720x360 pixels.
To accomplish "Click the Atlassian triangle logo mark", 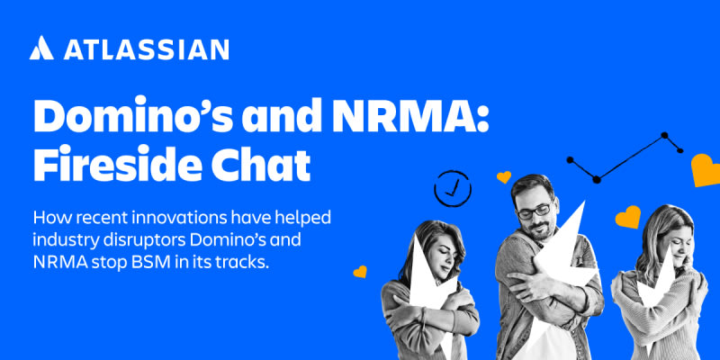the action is [x=41, y=48].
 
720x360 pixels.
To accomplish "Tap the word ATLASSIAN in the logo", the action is [x=146, y=49].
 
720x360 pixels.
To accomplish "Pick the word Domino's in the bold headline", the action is [x=134, y=116].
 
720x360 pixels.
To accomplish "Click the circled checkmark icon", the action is [x=453, y=188].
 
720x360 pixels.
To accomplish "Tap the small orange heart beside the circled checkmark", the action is [x=504, y=176].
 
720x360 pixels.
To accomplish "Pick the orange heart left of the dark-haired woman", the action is [x=360, y=272].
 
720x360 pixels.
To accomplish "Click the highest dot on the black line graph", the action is [x=664, y=136].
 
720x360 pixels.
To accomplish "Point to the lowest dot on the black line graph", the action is [x=597, y=179].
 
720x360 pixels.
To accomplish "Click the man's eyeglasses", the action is [x=535, y=211].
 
